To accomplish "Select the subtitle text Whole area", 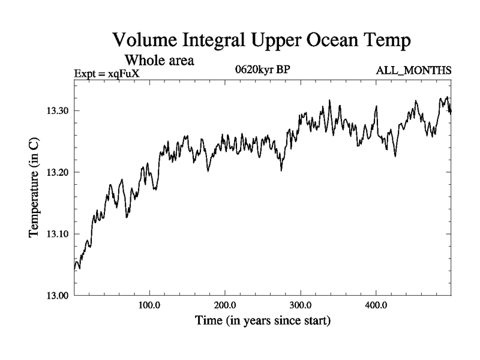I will coord(160,61).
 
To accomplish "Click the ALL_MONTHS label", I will coord(413,71).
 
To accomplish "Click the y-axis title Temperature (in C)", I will coord(35,187).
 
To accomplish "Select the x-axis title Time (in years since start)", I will coord(262,321).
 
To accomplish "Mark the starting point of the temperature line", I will coord(74,269).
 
